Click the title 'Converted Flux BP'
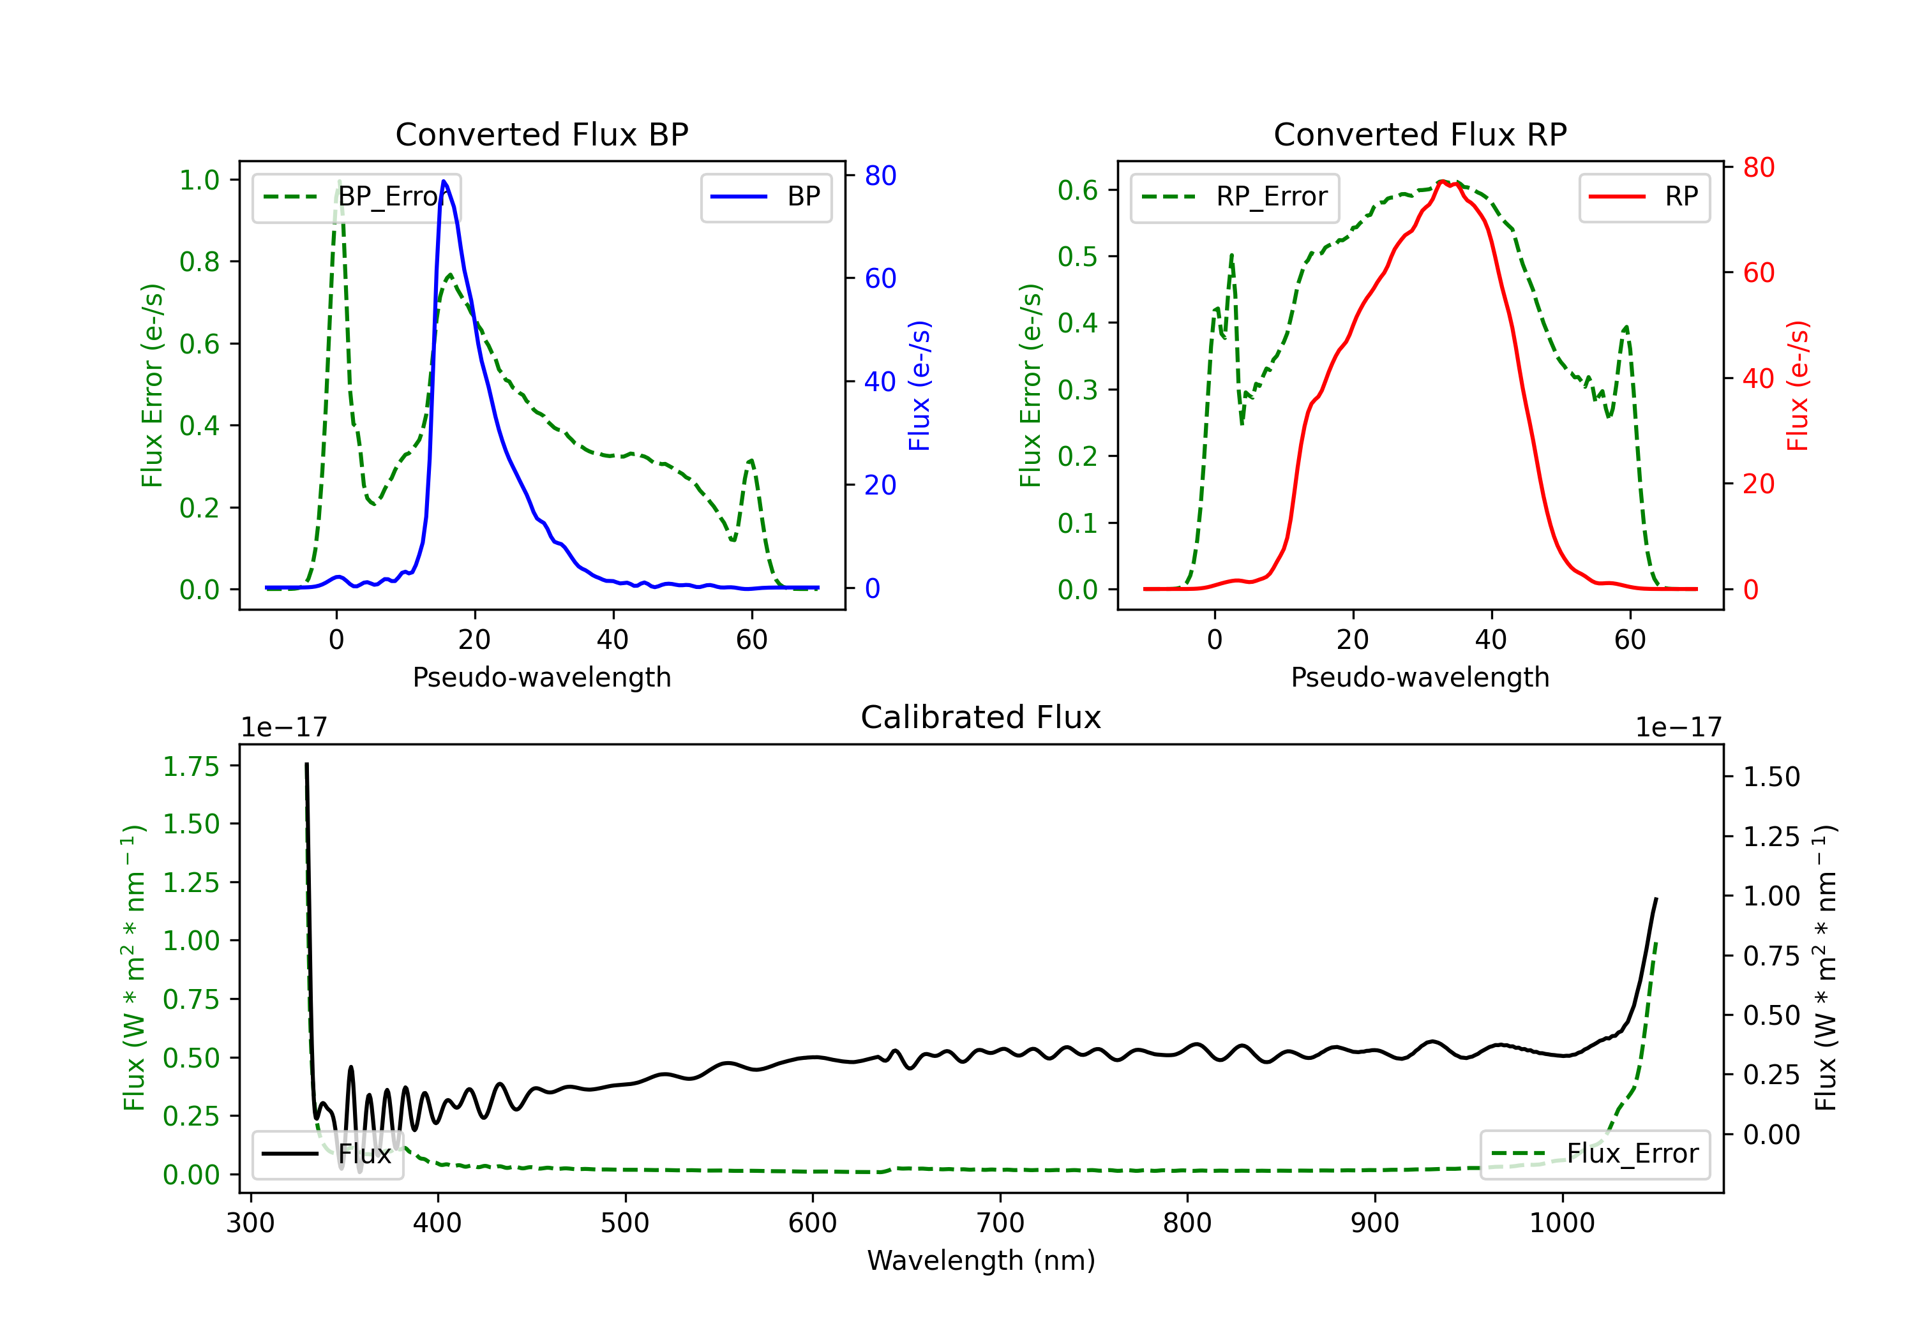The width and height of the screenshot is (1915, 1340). point(541,134)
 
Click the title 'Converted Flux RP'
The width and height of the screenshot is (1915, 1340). point(1420,134)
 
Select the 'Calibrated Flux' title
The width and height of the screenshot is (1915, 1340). point(981,717)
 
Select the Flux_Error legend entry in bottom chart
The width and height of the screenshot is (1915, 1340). point(1595,1154)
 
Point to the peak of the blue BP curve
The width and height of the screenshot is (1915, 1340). point(444,181)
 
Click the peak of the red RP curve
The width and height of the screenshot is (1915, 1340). point(1442,181)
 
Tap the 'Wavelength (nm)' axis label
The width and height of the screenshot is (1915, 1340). point(981,1260)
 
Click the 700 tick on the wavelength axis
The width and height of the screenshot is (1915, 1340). point(1000,1223)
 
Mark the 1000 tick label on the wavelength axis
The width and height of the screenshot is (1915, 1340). point(1562,1223)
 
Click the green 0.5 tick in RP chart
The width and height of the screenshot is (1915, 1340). point(1078,257)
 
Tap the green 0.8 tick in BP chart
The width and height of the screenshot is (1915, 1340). point(199,262)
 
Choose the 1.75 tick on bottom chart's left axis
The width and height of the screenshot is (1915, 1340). point(191,766)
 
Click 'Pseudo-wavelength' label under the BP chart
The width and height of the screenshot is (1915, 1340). point(541,677)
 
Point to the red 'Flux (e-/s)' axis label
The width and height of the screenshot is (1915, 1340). point(1798,385)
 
